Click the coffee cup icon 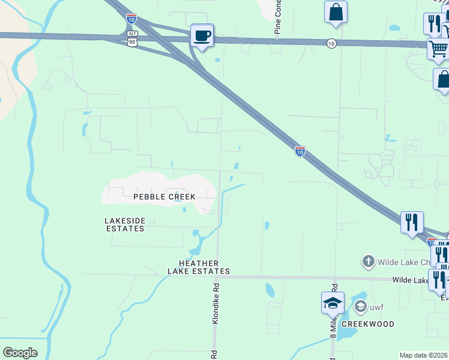(x=202, y=36)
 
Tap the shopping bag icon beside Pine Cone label (x=336, y=12)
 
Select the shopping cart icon (x=438, y=49)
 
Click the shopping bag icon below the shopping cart (x=443, y=80)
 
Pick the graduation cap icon (x=332, y=304)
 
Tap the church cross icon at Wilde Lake (x=368, y=262)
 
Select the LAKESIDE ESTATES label (x=125, y=224)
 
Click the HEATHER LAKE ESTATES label (x=199, y=268)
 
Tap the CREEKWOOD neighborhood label (x=368, y=324)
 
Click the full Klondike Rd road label (x=215, y=305)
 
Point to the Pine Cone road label (x=279, y=18)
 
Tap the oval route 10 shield (x=331, y=43)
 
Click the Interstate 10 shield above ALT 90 (x=131, y=19)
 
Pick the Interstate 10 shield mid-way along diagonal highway (x=300, y=151)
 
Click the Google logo (x=20, y=353)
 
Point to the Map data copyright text (x=423, y=355)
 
